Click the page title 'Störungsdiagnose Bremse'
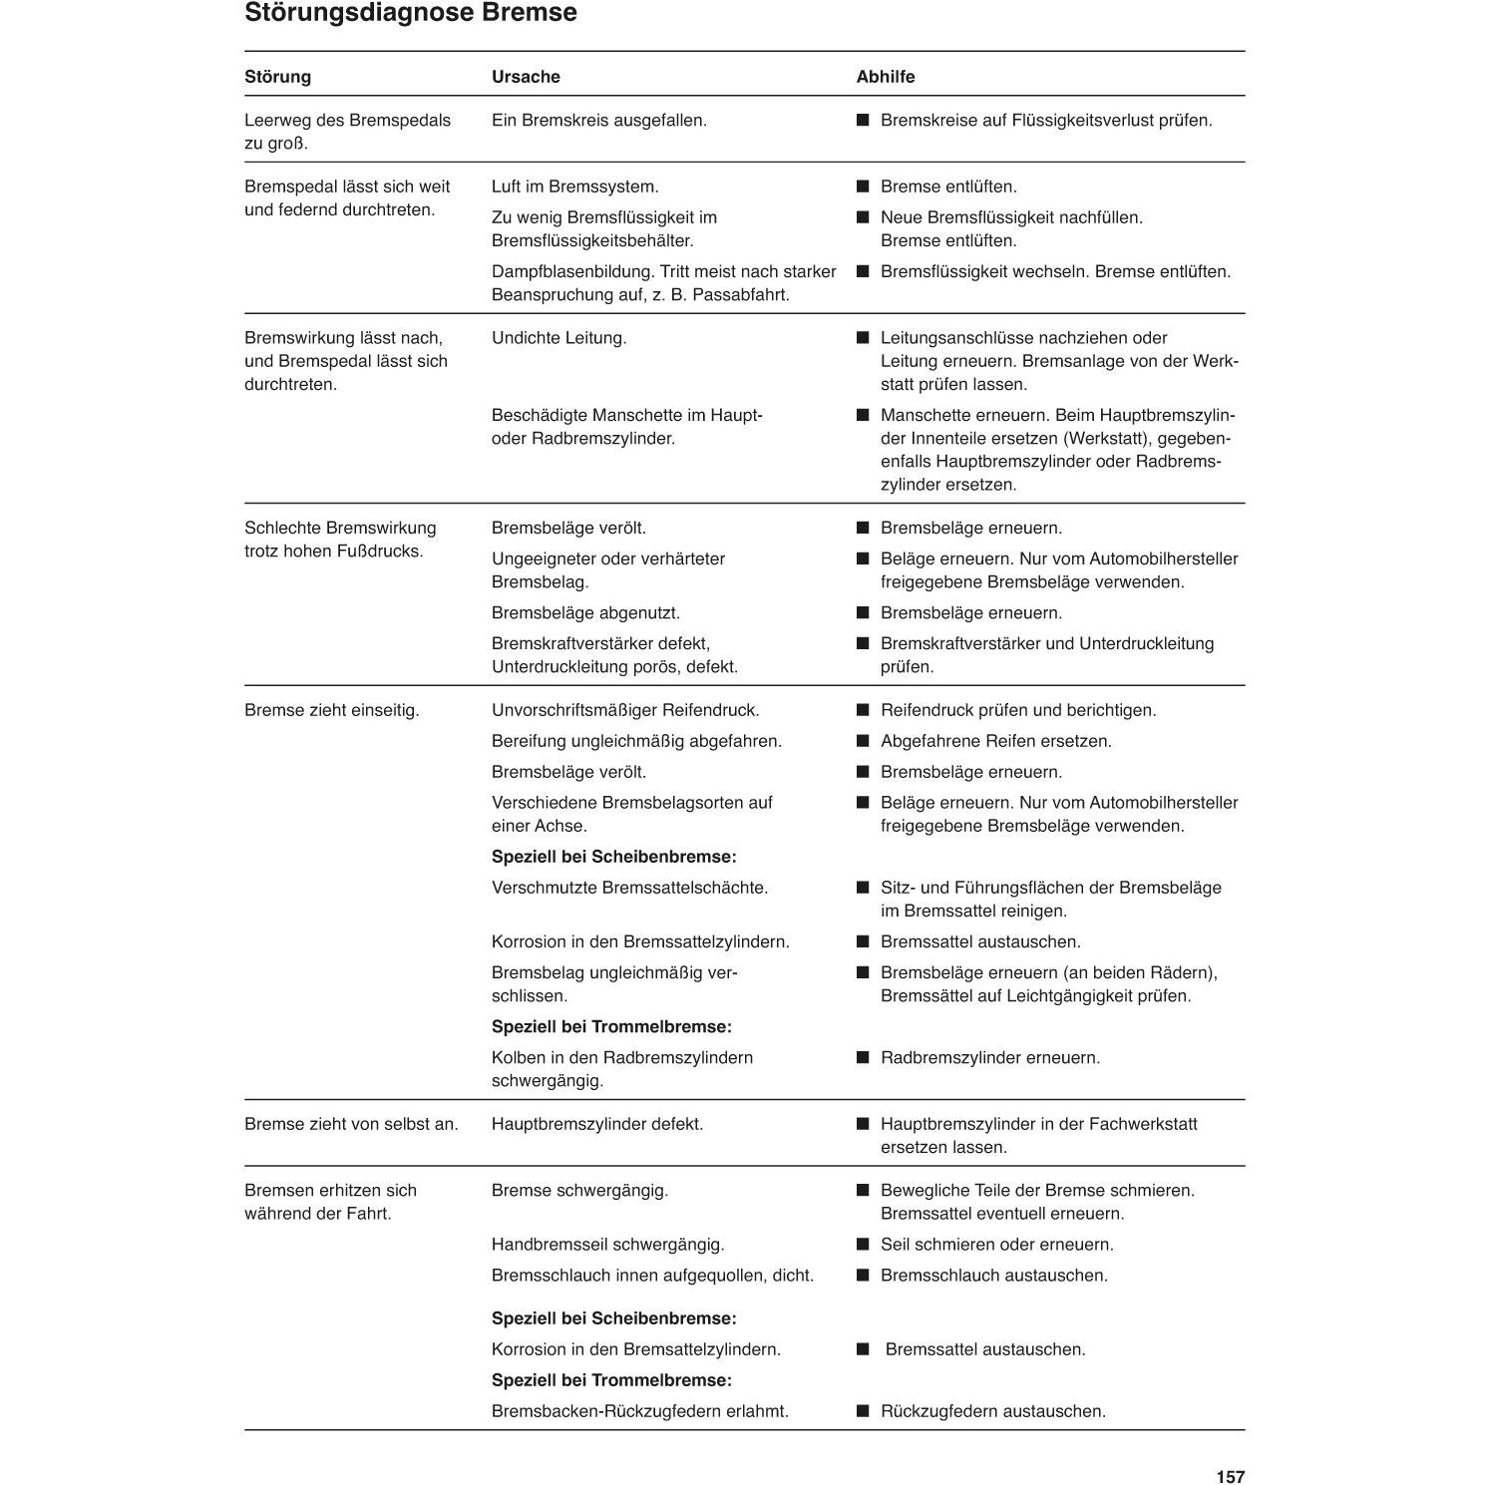coord(410,13)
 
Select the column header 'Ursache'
coord(526,77)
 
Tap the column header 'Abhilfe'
coord(885,77)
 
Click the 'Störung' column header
coord(277,77)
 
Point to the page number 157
coord(1230,1477)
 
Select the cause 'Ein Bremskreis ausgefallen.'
coord(598,121)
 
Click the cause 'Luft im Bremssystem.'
coord(574,186)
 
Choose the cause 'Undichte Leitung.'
coord(558,338)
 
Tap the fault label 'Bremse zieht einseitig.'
coord(331,710)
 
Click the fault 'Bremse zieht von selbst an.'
coord(351,1124)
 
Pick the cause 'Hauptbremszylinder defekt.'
coord(596,1124)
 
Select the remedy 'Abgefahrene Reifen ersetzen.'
coord(995,741)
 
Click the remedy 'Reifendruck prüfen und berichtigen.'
coord(1017,710)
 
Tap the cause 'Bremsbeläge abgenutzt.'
coord(585,612)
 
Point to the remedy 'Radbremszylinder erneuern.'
coord(989,1057)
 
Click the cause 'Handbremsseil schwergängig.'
coord(607,1245)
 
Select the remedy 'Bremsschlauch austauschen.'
coord(993,1276)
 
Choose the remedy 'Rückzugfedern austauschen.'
coord(992,1411)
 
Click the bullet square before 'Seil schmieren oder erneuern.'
coord(863,1245)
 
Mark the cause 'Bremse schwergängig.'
coord(579,1190)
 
